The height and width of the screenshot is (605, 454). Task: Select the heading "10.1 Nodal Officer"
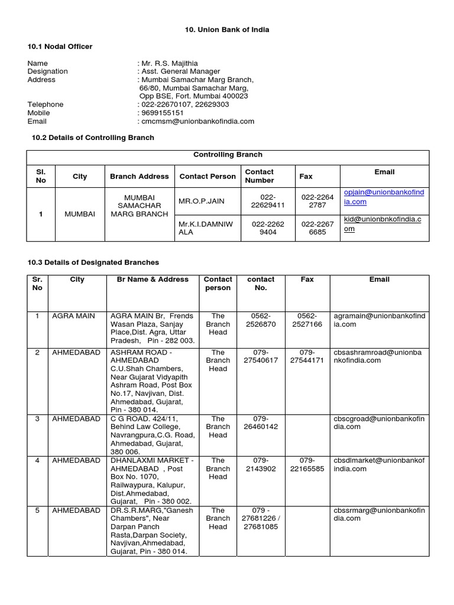click(60, 46)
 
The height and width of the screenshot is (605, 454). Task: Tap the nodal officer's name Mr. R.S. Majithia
click(169, 63)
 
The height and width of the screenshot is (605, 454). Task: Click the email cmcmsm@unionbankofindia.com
click(197, 121)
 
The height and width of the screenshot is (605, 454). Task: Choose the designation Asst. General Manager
click(180, 71)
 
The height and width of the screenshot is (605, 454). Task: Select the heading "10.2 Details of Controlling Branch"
click(92, 138)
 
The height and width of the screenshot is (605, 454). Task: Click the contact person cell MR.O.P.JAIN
click(202, 201)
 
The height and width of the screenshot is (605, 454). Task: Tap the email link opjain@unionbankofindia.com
click(384, 197)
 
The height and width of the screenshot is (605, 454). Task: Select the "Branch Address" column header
click(140, 176)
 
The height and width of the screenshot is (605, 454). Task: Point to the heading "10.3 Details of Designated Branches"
click(93, 262)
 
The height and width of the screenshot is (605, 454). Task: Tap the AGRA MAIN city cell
click(73, 316)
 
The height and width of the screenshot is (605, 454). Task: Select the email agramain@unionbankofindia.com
click(379, 320)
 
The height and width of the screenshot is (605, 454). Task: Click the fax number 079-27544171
click(307, 356)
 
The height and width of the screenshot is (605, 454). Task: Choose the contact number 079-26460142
click(261, 422)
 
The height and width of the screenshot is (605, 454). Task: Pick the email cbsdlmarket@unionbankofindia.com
click(379, 464)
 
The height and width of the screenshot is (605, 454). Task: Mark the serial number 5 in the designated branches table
click(37, 510)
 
